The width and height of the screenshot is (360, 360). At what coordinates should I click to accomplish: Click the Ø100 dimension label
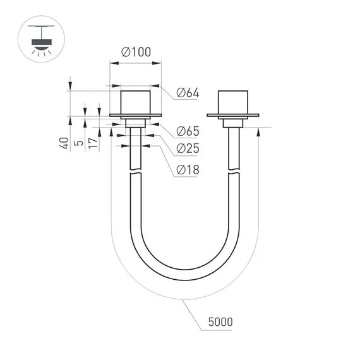[x=135, y=53]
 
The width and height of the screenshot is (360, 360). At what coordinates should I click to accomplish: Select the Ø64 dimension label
[x=188, y=93]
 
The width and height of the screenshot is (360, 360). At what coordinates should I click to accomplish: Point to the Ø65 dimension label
[x=188, y=131]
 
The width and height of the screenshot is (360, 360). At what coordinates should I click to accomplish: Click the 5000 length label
[x=219, y=322]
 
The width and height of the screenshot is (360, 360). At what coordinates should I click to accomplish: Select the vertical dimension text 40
[x=64, y=143]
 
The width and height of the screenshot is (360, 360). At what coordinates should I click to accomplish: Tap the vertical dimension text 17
[x=93, y=143]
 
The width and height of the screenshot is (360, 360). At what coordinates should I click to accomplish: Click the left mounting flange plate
[x=135, y=116]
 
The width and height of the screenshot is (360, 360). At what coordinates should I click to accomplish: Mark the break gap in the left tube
[x=135, y=171]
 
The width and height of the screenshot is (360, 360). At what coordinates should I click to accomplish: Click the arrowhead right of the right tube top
[x=259, y=131]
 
